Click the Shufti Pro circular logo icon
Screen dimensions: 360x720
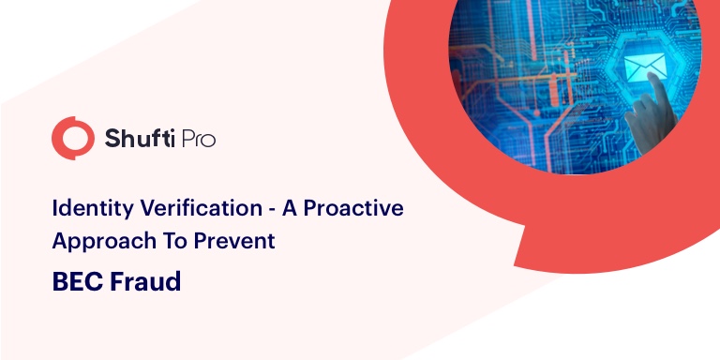(x=73, y=139)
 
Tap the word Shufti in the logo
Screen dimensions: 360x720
(x=137, y=140)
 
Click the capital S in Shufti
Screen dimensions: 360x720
(x=112, y=140)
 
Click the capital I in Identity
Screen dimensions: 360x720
(x=55, y=208)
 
